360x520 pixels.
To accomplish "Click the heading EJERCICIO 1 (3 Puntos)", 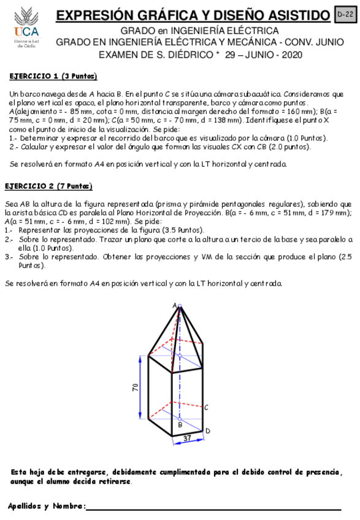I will [53, 77].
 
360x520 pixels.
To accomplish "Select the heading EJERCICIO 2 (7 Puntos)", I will [48, 186].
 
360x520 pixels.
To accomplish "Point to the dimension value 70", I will [136, 388].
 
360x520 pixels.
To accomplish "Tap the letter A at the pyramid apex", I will [175, 305].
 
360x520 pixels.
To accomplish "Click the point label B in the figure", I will [180, 424].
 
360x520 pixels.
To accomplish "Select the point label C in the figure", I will [207, 407].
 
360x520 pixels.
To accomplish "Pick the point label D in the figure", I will [208, 431].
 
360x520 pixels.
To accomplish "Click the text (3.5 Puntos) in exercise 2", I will [180, 229].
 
